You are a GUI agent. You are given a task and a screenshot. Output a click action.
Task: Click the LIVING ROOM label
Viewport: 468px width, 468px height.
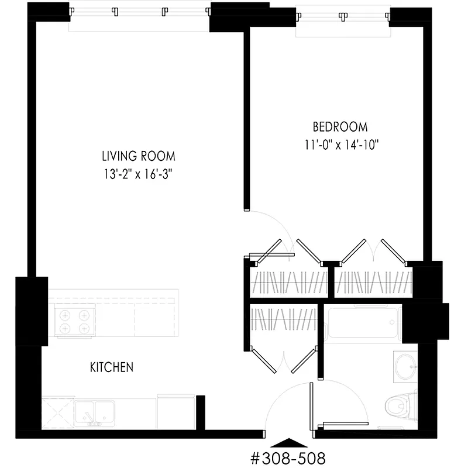pos(138,156)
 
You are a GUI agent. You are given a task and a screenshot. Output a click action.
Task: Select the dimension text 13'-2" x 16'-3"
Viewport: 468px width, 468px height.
pos(138,174)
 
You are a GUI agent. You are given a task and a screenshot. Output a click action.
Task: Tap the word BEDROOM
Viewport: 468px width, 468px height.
pos(340,126)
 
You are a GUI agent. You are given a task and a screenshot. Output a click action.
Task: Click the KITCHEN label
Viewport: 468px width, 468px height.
pos(111,367)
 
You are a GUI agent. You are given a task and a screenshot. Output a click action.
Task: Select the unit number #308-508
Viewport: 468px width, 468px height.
pos(288,457)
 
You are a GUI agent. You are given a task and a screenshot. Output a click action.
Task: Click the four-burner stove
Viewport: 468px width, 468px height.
pos(75,321)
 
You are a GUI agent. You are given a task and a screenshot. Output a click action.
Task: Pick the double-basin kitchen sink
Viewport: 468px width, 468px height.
pos(94,411)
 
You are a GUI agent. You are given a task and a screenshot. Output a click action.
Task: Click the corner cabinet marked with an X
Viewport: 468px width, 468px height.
pos(57,413)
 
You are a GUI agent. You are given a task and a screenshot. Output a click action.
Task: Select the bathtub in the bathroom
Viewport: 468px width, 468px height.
pos(363,324)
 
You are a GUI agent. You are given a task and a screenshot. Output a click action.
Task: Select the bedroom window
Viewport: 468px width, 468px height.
pos(342,22)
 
